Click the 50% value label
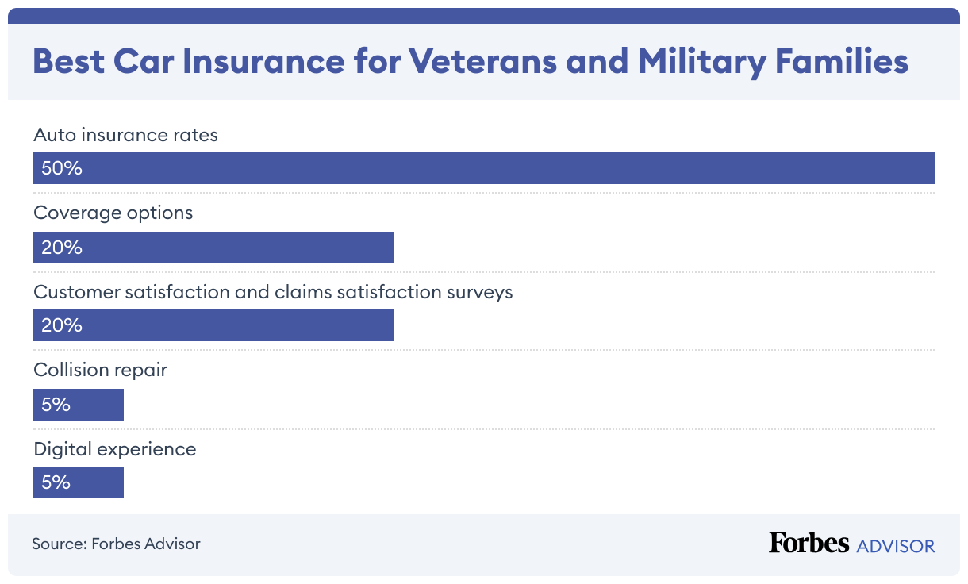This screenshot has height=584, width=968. click(x=62, y=168)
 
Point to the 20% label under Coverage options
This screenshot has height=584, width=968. click(x=62, y=248)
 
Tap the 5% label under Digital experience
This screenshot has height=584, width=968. click(x=56, y=482)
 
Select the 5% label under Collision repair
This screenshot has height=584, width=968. click(x=56, y=405)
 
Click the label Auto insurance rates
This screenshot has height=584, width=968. click(x=125, y=135)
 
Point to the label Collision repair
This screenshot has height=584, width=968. click(x=100, y=370)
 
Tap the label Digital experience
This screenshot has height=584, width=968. click(x=114, y=449)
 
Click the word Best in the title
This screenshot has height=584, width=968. click(x=68, y=62)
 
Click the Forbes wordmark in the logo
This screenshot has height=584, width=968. click(x=809, y=544)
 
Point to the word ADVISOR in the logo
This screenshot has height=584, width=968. click(x=896, y=546)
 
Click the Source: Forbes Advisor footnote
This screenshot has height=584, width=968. click(x=116, y=544)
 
